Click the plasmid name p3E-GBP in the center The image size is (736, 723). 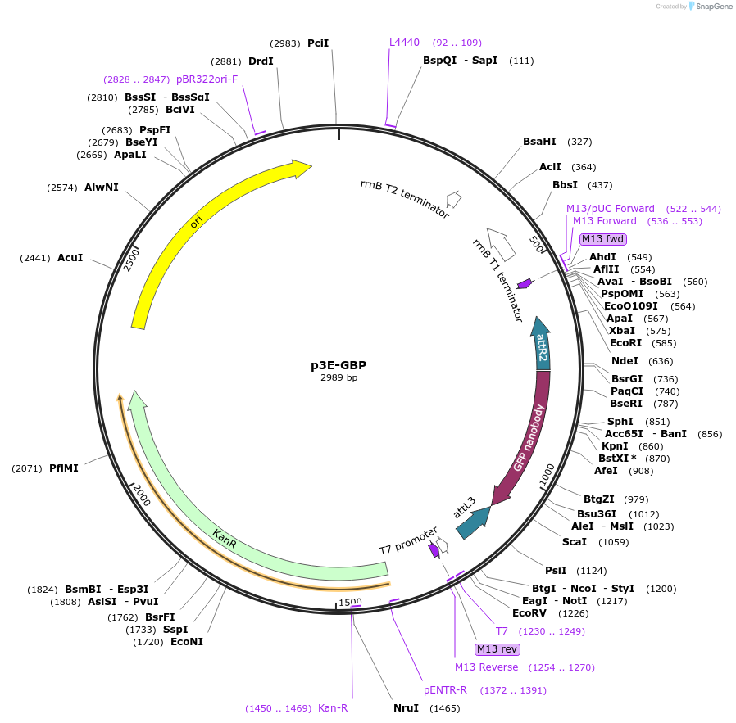pos(338,365)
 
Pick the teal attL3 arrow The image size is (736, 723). pos(471,523)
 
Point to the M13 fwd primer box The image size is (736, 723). pos(603,239)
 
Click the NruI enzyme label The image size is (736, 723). pos(406,707)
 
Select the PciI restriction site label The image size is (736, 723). pos(318,43)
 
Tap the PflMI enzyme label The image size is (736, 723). pos(64,468)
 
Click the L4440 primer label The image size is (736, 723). pos(404,43)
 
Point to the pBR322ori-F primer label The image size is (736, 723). pos(207,79)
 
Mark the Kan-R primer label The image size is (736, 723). pos(333,707)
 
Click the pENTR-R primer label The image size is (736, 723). pos(445,689)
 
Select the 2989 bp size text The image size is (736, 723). pos(338,378)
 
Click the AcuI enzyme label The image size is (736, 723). pos(70,257)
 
